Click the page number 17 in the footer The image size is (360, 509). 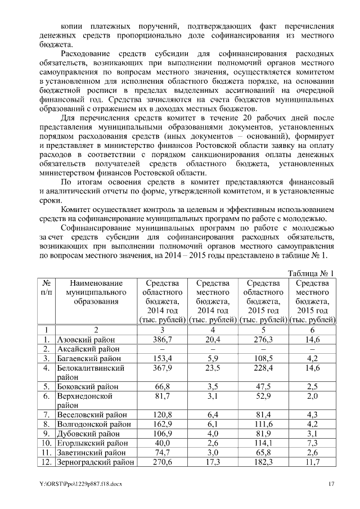tap(332, 484)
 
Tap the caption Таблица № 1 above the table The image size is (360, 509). tap(311, 273)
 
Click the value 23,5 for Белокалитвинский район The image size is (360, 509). tap(211, 368)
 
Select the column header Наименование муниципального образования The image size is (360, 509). tap(96, 292)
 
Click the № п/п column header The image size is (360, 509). tap(47, 288)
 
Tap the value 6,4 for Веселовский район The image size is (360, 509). tap(211, 415)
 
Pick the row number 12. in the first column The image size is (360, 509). tap(46, 462)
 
